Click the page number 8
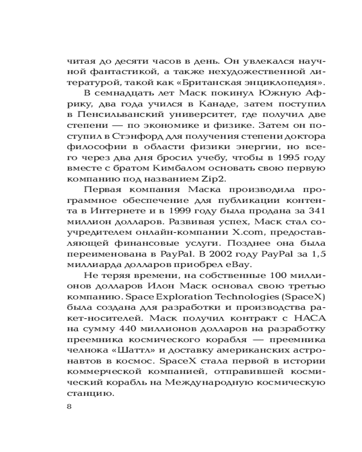tap(69, 406)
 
